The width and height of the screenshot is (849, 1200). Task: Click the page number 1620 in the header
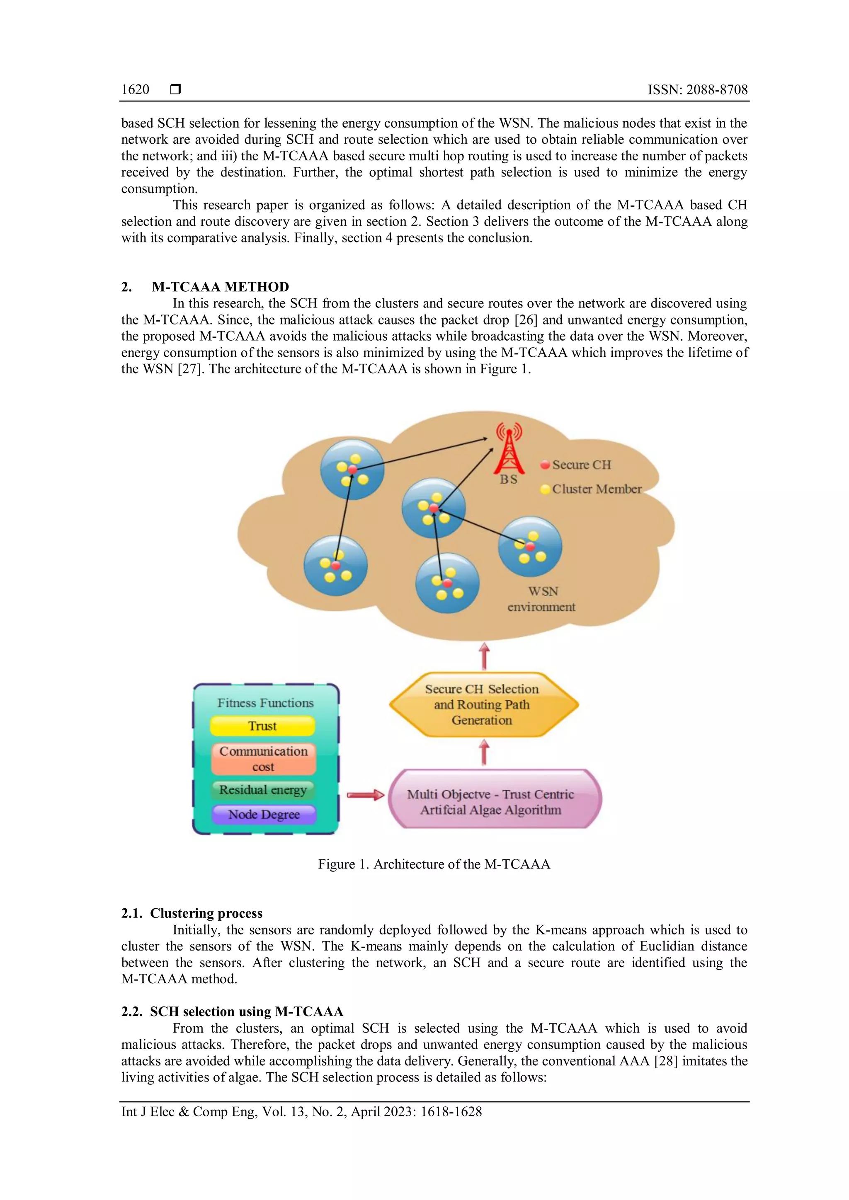(135, 90)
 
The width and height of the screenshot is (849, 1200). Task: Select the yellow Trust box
(262, 726)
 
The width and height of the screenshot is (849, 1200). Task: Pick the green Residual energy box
(263, 790)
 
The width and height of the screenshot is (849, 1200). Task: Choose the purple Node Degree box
(264, 814)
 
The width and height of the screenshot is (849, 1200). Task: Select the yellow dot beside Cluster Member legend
(545, 489)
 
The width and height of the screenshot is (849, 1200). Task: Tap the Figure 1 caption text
(434, 864)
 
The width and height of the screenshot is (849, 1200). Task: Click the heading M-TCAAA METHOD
(220, 287)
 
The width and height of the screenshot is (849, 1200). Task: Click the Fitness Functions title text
(265, 703)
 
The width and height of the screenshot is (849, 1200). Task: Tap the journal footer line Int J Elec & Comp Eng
(301, 1112)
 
